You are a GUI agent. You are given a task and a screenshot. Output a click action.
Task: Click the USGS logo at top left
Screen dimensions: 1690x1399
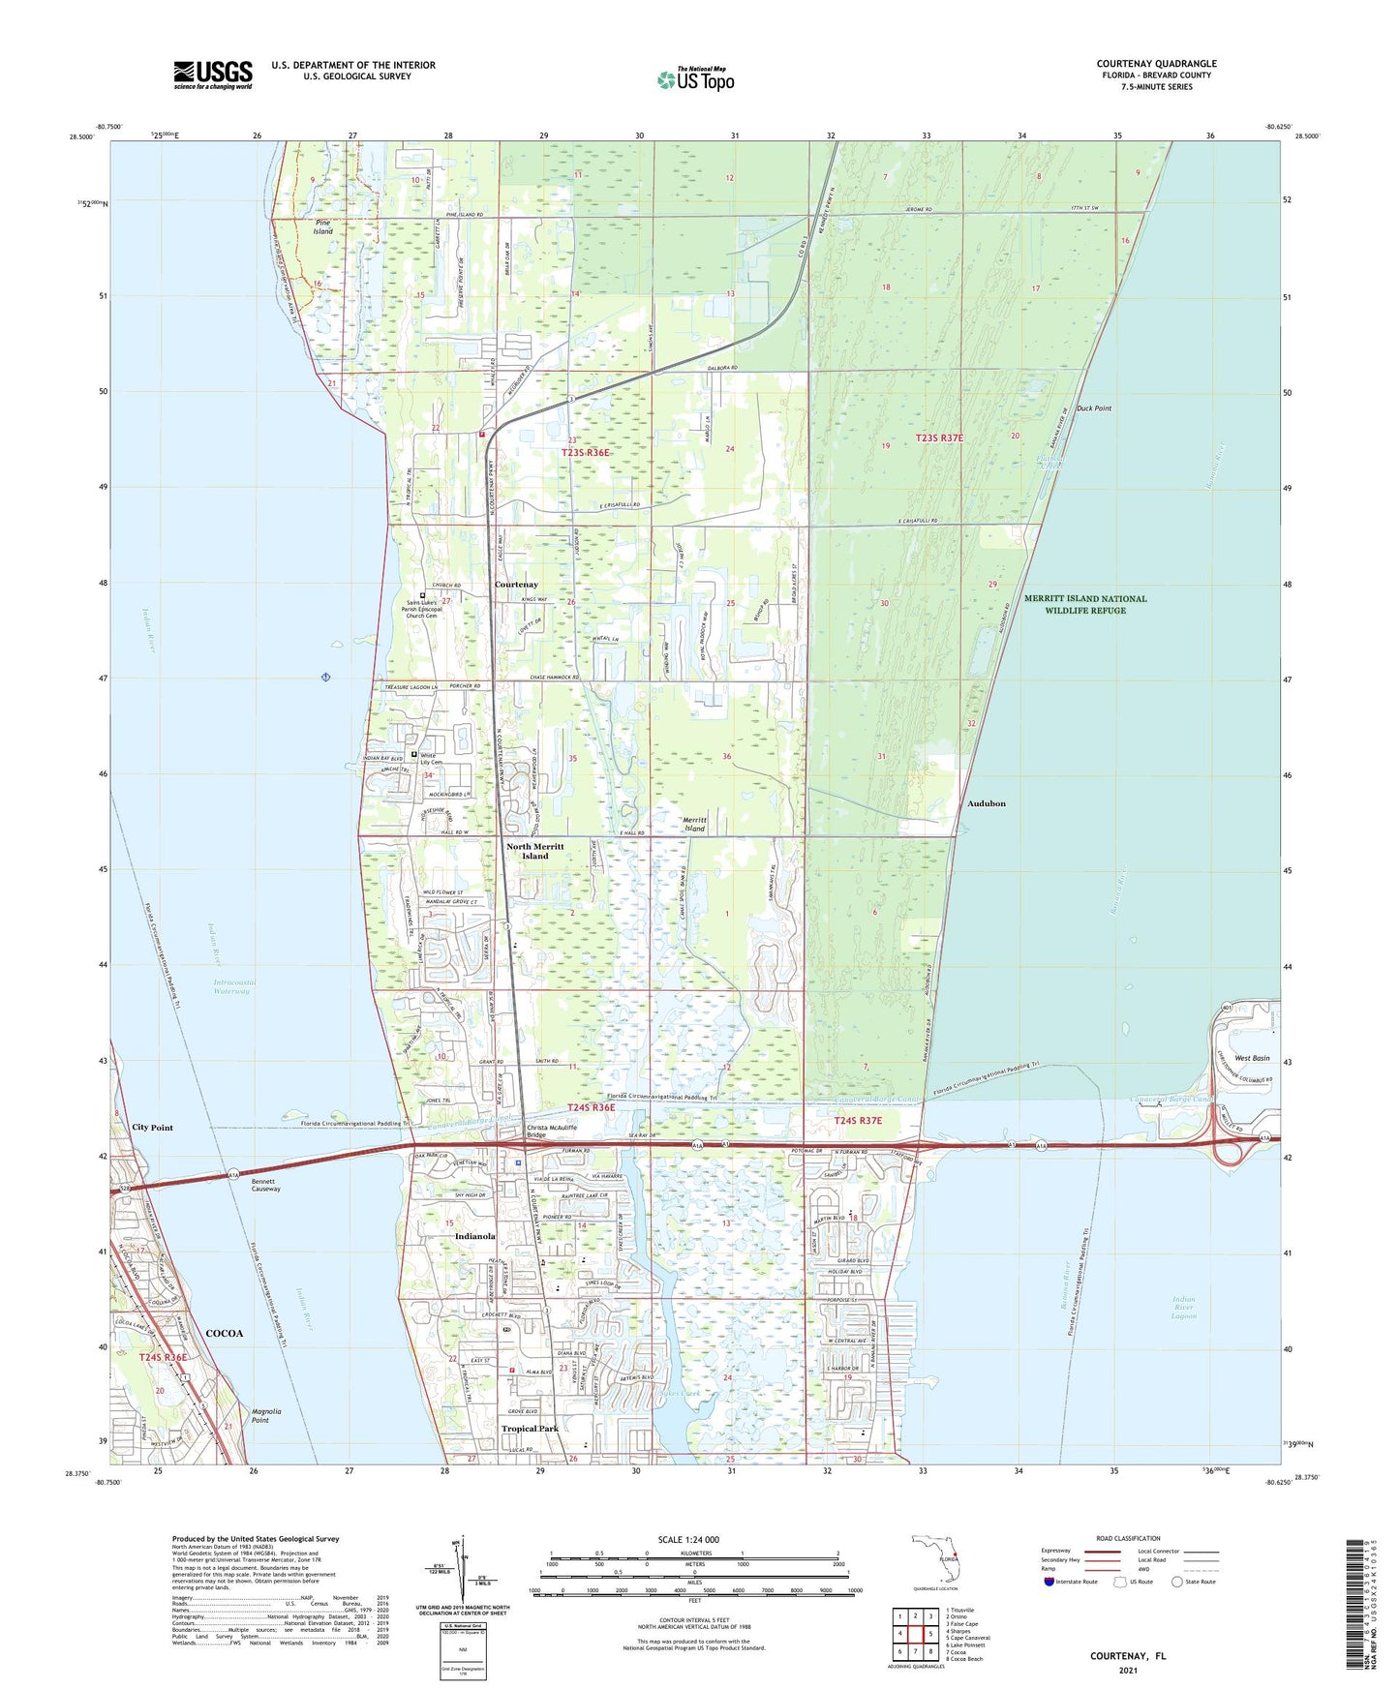(x=213, y=74)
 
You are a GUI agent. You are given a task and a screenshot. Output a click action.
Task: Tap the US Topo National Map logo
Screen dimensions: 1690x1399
(x=695, y=79)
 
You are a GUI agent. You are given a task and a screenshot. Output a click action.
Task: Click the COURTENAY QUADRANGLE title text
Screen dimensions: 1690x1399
(x=1156, y=64)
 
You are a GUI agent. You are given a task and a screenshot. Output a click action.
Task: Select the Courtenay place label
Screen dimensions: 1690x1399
(x=516, y=585)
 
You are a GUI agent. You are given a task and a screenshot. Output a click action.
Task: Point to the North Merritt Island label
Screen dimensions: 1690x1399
(x=534, y=851)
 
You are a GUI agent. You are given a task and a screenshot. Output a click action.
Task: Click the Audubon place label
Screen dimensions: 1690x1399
(x=986, y=803)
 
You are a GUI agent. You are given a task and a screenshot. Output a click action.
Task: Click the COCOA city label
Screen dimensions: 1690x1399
(x=224, y=1333)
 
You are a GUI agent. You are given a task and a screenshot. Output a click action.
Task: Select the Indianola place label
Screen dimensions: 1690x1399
(x=474, y=1236)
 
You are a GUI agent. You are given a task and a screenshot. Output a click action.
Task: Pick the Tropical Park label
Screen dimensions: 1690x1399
(x=530, y=1428)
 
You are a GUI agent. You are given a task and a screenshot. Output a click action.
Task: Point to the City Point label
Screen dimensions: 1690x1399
(x=153, y=1128)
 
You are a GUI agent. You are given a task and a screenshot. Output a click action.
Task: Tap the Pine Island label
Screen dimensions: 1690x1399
(x=322, y=227)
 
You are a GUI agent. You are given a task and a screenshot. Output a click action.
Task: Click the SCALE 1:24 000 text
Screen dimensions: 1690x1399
(x=688, y=1539)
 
